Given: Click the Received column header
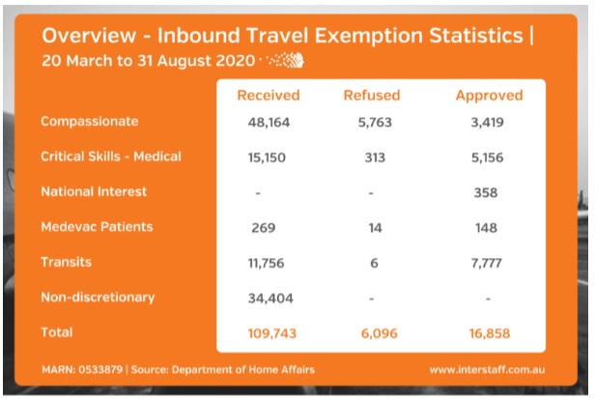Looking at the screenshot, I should click(269, 96).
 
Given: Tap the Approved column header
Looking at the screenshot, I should click(489, 96).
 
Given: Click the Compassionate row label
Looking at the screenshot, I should click(90, 122).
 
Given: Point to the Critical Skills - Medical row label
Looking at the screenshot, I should click(111, 157).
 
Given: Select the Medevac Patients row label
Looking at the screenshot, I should click(97, 227).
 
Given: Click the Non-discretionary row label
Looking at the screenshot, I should click(98, 297).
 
